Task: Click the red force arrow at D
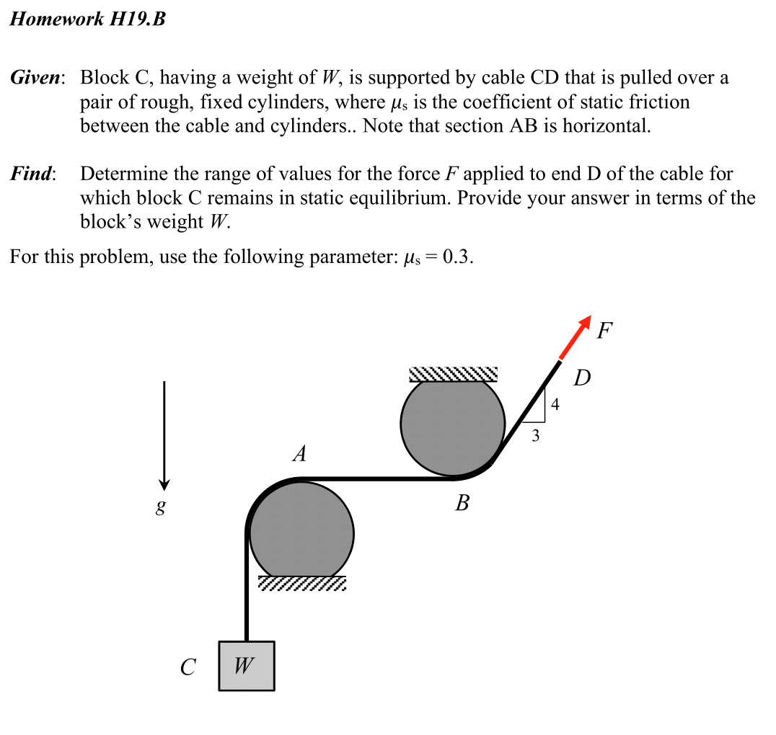click(x=576, y=337)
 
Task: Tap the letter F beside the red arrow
click(x=606, y=330)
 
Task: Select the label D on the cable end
click(x=582, y=378)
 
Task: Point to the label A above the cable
click(x=299, y=454)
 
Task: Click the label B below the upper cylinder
click(x=462, y=503)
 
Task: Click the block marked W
click(x=246, y=666)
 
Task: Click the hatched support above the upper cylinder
click(x=453, y=374)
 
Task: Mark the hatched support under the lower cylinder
click(x=302, y=583)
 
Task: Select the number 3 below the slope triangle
click(x=534, y=435)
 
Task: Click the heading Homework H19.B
click(x=87, y=19)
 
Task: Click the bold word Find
click(x=32, y=174)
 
